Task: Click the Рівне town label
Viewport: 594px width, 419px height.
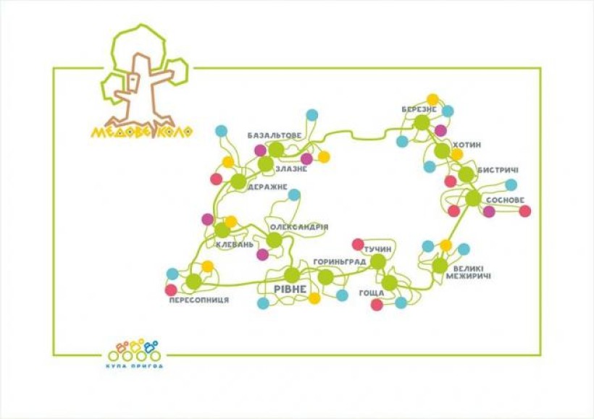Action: pyautogui.click(x=290, y=289)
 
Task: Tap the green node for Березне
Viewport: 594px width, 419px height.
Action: pyautogui.click(x=422, y=122)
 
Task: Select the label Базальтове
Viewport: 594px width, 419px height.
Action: pyautogui.click(x=275, y=135)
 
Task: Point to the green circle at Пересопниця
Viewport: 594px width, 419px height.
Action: pyautogui.click(x=194, y=282)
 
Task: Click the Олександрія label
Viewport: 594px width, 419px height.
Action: pyautogui.click(x=299, y=227)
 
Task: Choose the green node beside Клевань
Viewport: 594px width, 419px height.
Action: pyautogui.click(x=222, y=230)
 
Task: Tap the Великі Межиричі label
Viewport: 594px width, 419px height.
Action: pyautogui.click(x=468, y=273)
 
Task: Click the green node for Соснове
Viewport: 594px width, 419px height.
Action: pyautogui.click(x=473, y=198)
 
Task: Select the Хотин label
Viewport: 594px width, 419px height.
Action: pyautogui.click(x=467, y=145)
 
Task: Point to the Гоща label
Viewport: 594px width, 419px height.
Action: pyautogui.click(x=372, y=293)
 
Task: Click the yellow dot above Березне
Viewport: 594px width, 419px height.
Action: pyautogui.click(x=432, y=100)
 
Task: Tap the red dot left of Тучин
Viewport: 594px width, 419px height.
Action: pyautogui.click(x=358, y=245)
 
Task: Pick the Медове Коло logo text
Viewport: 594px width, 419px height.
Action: pyautogui.click(x=142, y=132)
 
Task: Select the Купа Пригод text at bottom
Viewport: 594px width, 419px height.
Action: pyautogui.click(x=135, y=366)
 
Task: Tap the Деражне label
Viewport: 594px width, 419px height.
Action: pyautogui.click(x=267, y=187)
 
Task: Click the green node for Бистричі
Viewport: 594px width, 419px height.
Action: pyautogui.click(x=466, y=174)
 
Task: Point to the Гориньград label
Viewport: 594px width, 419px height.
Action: pyautogui.click(x=340, y=262)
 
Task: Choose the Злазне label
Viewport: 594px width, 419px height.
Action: pyautogui.click(x=291, y=169)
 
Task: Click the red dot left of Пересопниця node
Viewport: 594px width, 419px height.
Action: pyautogui.click(x=171, y=290)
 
